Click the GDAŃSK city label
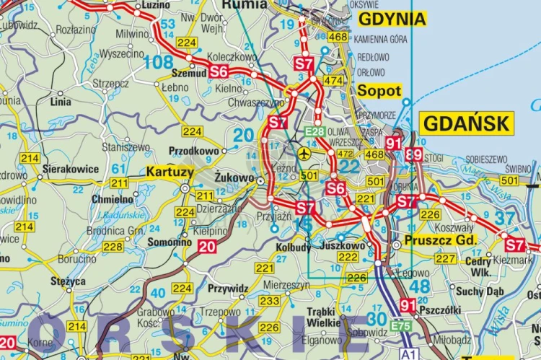[x=467, y=123]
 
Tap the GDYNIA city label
[x=392, y=19]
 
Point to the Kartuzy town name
[x=170, y=172]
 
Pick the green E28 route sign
[x=315, y=131]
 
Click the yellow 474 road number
[x=333, y=81]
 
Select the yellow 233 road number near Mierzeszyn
[x=269, y=301]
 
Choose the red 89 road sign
[x=413, y=154]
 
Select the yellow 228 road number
[x=112, y=247]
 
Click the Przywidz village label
[x=228, y=287]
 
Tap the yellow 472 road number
[x=346, y=154]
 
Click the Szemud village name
[x=188, y=74]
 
